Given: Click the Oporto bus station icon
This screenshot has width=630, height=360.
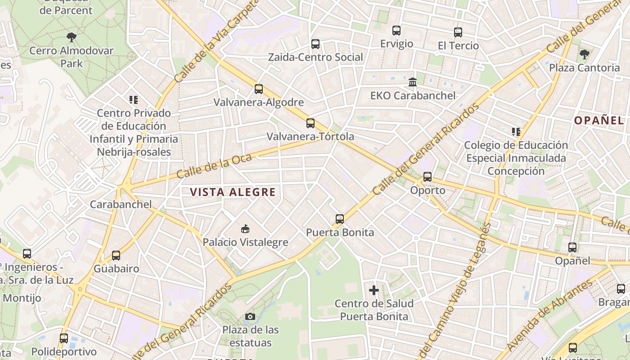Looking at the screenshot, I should pos(427,177).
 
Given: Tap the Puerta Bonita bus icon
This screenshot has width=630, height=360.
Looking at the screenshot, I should pos(340,219).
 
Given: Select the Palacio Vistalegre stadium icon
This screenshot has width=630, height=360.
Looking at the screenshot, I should pos(245,229).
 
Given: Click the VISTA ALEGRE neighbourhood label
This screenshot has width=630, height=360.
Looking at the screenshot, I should pos(232,192).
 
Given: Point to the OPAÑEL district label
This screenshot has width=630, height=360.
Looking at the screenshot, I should pos(598,120).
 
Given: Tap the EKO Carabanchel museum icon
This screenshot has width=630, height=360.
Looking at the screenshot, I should pos(413,82).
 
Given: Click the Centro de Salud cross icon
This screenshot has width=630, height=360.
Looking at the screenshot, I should pos(374,290).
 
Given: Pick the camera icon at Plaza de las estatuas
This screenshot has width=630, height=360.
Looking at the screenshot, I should pos(250,317).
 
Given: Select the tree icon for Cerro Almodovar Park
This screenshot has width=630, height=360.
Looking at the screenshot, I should pos(72,37).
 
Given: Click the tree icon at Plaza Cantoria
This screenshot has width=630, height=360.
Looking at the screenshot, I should pos(585,54).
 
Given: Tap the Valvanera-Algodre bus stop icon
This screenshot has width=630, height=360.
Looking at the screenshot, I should pos(259,89).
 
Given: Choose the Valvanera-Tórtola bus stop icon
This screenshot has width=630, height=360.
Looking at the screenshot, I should pos(310,123).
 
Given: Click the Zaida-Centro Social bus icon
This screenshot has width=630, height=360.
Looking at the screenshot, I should pos(315,44).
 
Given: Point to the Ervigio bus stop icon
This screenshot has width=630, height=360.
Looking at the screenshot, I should pos(396,31).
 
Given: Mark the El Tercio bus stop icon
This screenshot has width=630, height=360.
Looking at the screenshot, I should pos(458,32).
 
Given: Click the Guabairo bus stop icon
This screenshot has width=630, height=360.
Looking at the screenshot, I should pos(116,256).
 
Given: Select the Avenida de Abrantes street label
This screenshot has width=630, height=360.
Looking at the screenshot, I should pos(550,315).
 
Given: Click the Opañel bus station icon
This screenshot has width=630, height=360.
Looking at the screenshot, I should pos(572,247).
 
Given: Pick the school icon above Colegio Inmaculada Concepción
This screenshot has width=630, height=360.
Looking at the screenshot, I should pos(516,132).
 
